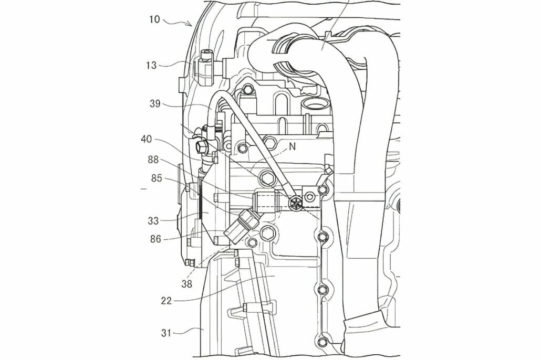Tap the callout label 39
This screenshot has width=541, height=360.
pyautogui.click(x=155, y=104)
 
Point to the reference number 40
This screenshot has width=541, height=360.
pyautogui.click(x=147, y=140)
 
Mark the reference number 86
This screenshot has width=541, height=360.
pyautogui.click(x=155, y=238)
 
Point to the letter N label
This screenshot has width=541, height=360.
pyautogui.click(x=293, y=147)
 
